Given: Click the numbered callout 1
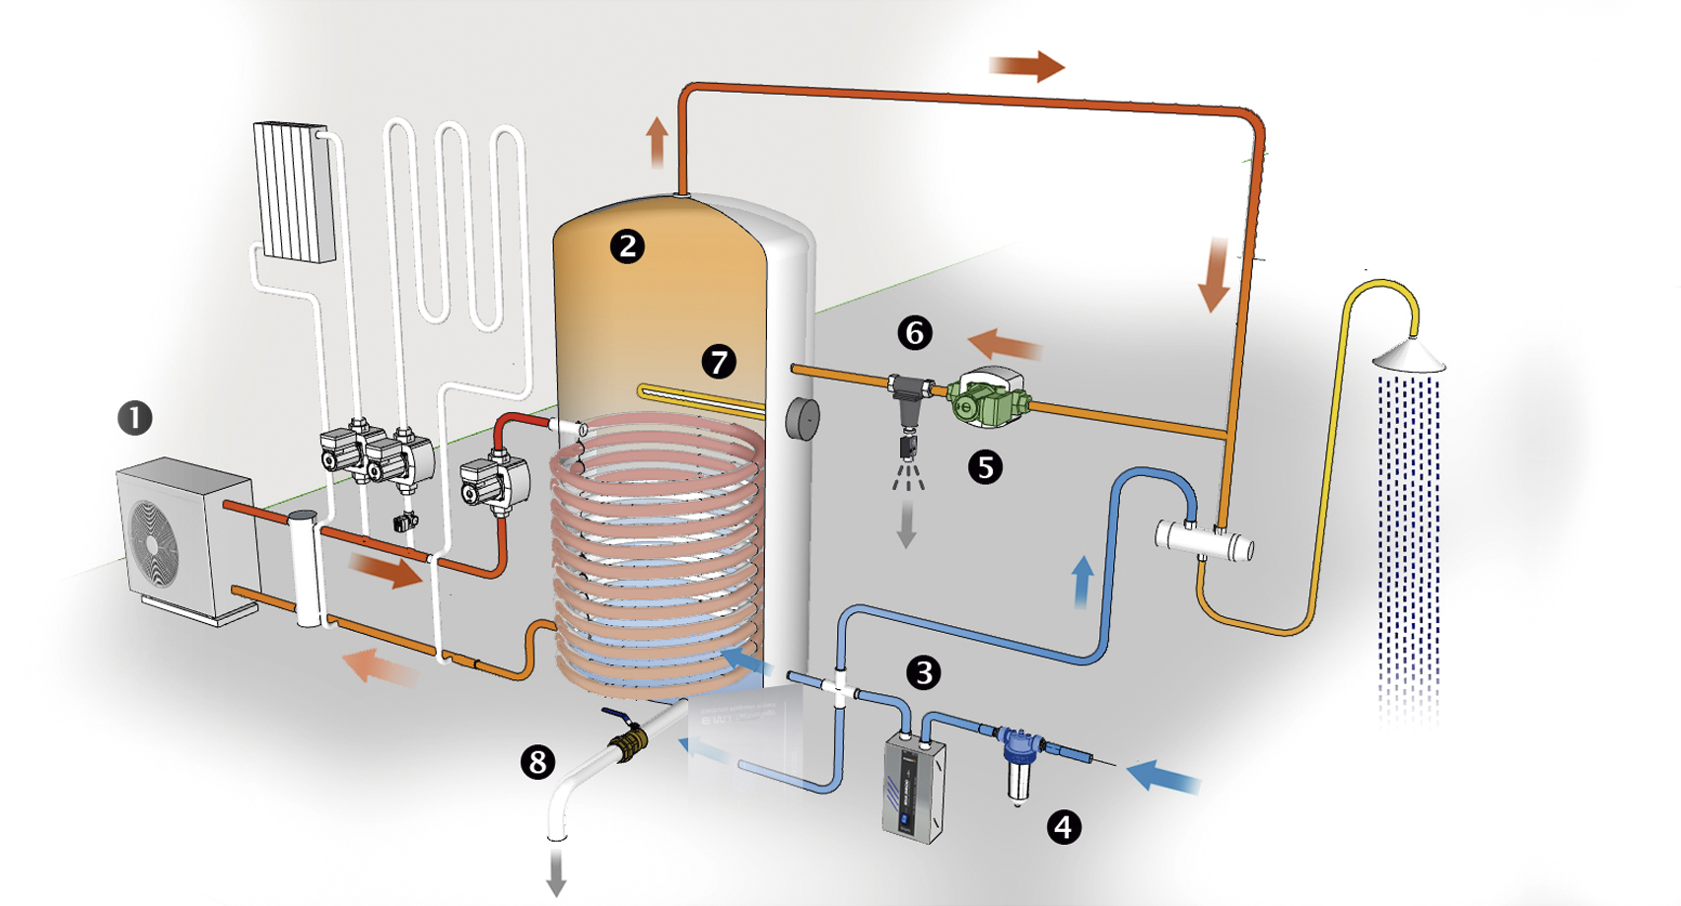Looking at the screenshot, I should pyautogui.click(x=135, y=418).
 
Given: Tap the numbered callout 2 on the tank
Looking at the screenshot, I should pyautogui.click(x=627, y=245).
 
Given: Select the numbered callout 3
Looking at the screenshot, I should pyautogui.click(x=923, y=672).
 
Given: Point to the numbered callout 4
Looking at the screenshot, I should pyautogui.click(x=1063, y=826).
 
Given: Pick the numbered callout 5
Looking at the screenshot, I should pyautogui.click(x=985, y=466).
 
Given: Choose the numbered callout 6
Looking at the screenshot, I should pyautogui.click(x=915, y=333).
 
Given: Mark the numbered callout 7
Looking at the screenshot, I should pyautogui.click(x=719, y=362).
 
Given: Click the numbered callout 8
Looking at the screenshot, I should pyautogui.click(x=537, y=761).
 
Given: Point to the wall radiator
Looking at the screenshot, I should pyautogui.click(x=294, y=192).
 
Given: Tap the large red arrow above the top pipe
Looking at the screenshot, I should pyautogui.click(x=1026, y=66).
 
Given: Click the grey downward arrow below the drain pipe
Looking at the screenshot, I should pyautogui.click(x=556, y=871).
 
